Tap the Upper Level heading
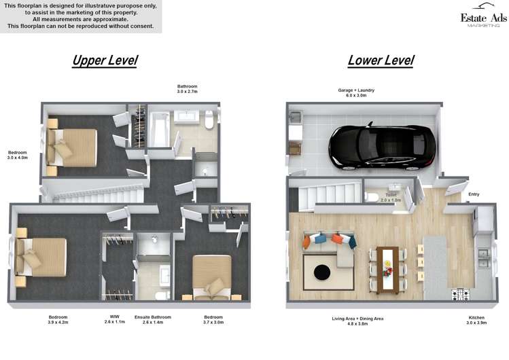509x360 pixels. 105,60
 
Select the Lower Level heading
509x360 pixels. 381,60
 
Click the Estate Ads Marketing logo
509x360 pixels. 483,19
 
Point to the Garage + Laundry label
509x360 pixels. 356,93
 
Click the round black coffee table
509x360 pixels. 321,273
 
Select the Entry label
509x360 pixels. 474,195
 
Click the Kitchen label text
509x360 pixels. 476,318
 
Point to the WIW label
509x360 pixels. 114,317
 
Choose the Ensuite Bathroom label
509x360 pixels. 153,317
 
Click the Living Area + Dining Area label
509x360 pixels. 357,318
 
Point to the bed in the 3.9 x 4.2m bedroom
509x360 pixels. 44,256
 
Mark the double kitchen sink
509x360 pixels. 485,259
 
